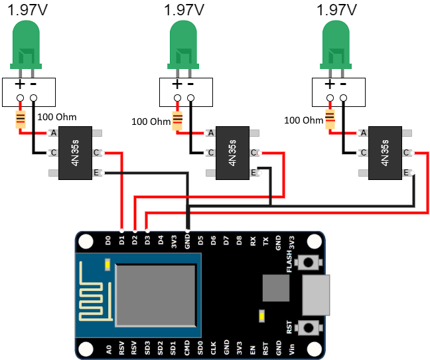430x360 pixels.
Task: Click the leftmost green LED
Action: (x=27, y=43)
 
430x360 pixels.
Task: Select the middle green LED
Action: (x=184, y=43)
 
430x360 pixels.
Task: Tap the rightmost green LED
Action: (x=336, y=43)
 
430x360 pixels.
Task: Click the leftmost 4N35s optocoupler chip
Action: (x=75, y=153)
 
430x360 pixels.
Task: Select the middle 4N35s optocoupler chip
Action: (x=232, y=153)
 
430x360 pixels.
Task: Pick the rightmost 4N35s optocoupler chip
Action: (x=384, y=153)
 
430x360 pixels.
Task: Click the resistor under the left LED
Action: (x=21, y=120)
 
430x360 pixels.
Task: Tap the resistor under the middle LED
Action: (x=177, y=120)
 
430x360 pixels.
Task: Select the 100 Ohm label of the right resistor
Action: (x=304, y=120)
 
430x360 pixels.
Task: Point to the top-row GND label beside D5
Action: (x=188, y=242)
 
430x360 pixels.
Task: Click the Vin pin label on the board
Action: (x=292, y=346)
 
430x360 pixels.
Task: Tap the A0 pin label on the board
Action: (x=108, y=346)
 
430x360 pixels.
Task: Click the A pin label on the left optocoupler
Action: (x=53, y=133)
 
